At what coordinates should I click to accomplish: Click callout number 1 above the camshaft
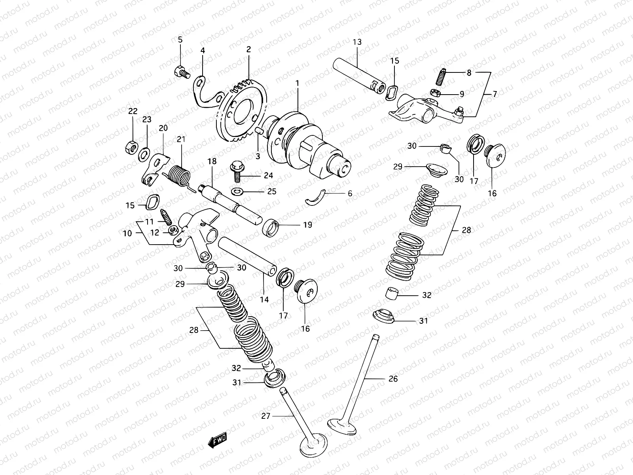click(297, 84)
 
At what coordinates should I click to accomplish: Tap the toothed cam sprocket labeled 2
click(243, 113)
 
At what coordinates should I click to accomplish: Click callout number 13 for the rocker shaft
click(357, 42)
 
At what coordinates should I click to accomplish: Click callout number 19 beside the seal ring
click(307, 225)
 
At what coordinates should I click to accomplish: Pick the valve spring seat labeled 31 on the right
click(384, 315)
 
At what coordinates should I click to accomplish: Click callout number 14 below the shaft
click(264, 300)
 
